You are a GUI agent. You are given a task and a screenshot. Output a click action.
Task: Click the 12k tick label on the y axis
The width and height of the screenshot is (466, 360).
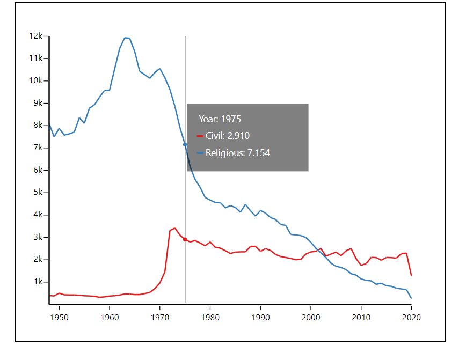[x=37, y=36]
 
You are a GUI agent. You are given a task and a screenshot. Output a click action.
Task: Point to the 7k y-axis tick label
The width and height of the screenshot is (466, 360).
[x=39, y=148]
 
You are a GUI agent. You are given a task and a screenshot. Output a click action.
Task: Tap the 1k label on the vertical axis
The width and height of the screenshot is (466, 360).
[x=39, y=282]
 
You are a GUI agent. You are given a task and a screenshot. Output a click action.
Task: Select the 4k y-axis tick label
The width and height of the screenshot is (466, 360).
[x=39, y=215]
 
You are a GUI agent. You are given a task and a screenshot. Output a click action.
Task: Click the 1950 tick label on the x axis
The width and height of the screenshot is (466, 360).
[x=59, y=317]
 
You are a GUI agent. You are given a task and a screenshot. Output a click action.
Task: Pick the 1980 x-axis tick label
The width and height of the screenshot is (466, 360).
[x=210, y=317]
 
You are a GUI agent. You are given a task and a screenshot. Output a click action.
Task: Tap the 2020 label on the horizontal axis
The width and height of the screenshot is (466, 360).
[x=411, y=317]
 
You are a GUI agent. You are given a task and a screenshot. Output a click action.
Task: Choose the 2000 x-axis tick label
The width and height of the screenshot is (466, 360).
[x=311, y=317]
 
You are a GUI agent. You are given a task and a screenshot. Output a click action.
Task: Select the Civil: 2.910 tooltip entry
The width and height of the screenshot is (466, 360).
[x=228, y=136]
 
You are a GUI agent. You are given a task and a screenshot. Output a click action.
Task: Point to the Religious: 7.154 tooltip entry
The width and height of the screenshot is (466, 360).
[x=238, y=153]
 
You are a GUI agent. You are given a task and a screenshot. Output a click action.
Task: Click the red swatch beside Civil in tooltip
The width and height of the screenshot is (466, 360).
[x=200, y=136]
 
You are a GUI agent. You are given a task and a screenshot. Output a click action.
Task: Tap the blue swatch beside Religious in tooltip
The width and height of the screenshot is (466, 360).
[x=200, y=153]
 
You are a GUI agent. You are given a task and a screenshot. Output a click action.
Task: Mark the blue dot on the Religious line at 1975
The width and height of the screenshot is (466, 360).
[x=185, y=144]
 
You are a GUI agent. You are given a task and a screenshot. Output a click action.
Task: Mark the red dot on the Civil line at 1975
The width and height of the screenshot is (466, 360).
[x=185, y=239]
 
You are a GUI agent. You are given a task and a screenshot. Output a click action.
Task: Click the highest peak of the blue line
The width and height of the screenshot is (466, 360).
[x=125, y=38]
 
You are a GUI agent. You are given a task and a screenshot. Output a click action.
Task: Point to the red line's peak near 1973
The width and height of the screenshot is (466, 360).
[x=174, y=228]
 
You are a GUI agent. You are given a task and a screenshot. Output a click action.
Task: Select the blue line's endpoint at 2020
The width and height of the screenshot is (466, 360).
[x=411, y=298]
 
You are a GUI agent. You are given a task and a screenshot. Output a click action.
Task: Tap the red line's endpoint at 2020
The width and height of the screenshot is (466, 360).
[x=411, y=276]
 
